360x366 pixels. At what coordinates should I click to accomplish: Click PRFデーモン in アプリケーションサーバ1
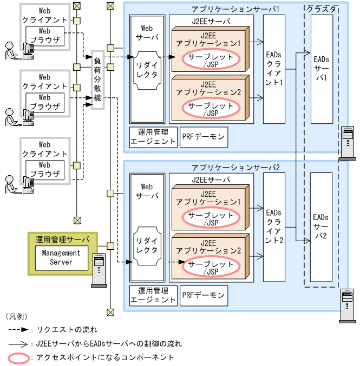coord(204,137)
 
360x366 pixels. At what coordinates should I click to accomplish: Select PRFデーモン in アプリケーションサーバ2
coord(204,296)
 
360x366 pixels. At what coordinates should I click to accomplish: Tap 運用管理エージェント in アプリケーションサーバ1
coord(154,137)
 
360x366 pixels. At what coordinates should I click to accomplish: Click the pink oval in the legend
coord(18,357)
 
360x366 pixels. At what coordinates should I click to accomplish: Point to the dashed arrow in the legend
coord(18,329)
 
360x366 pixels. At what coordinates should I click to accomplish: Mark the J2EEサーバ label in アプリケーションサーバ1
coord(211,21)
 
